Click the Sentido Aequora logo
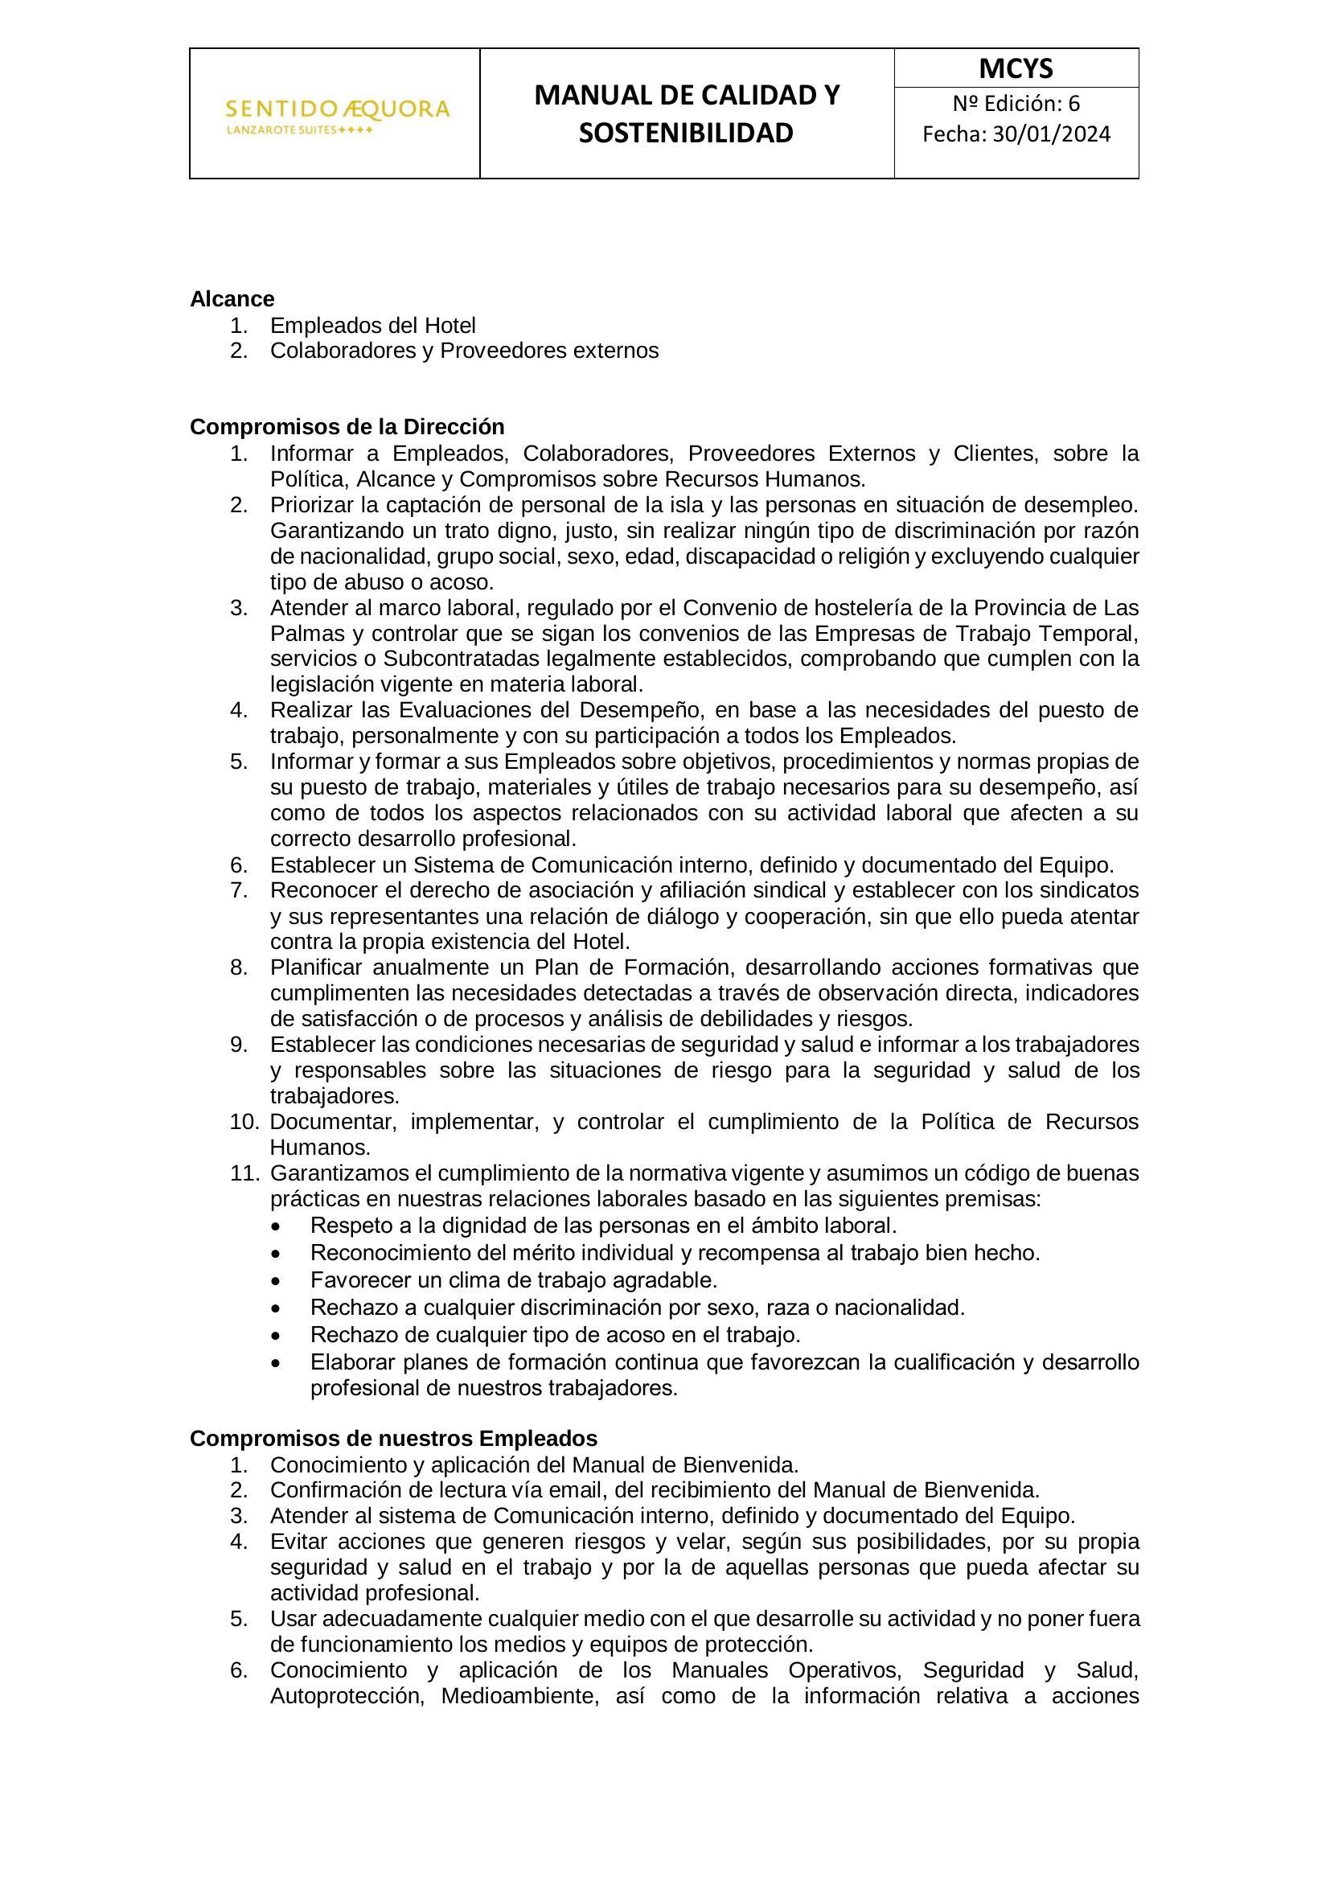[x=337, y=115]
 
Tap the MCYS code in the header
[x=1016, y=69]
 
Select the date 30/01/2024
[x=1052, y=134]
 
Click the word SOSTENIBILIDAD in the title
[x=686, y=133]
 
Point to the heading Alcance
[x=232, y=299]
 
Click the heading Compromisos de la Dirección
[x=347, y=427]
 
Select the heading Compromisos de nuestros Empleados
[x=393, y=1439]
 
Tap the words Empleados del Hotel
[x=372, y=325]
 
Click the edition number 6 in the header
[x=1073, y=104]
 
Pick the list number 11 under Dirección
[x=244, y=1173]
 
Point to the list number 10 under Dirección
[x=244, y=1122]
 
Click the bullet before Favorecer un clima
[x=281, y=1280]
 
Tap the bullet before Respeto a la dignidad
[x=281, y=1226]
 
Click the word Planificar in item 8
[x=316, y=967]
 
